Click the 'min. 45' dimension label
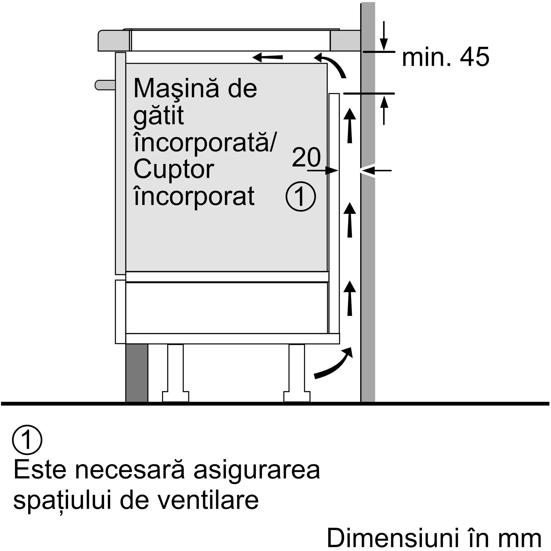[x=445, y=57]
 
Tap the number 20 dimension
[x=306, y=157]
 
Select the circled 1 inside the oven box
[x=301, y=197]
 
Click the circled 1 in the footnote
[x=27, y=440]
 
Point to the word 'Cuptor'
[x=174, y=169]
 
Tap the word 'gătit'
[x=158, y=116]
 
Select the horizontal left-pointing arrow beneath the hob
[x=268, y=57]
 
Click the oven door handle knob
[x=105, y=85]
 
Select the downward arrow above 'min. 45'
[x=384, y=36]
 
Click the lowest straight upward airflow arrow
[x=350, y=299]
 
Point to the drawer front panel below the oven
[x=120, y=312]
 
